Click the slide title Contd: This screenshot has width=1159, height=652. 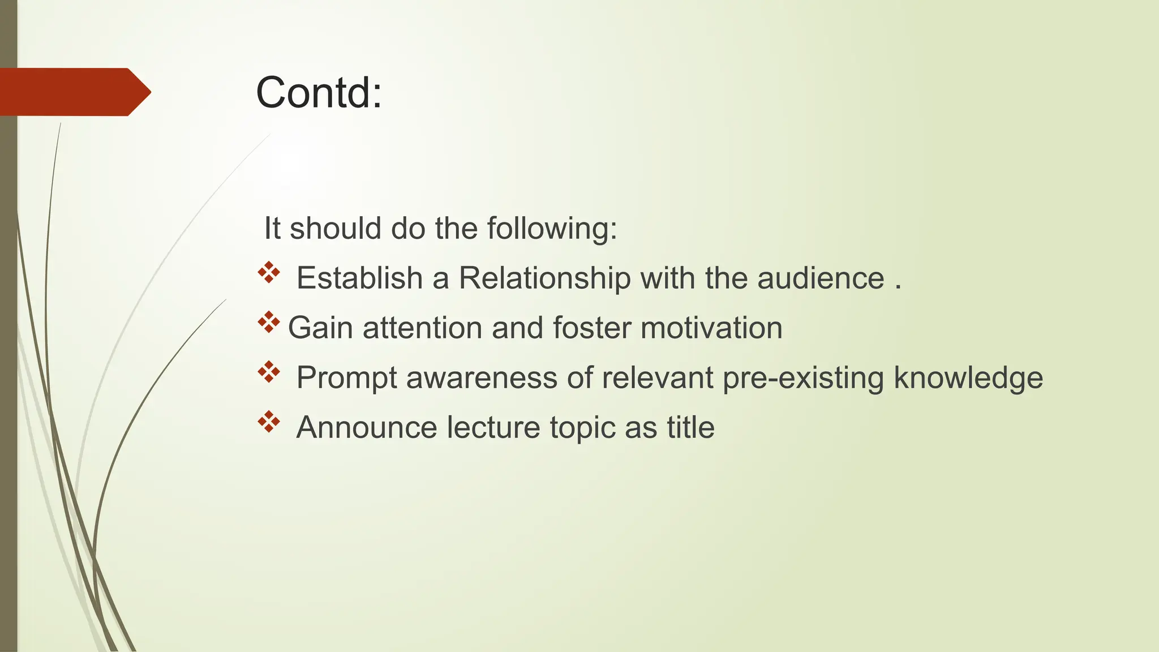click(x=319, y=93)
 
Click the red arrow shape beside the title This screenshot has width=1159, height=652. click(x=74, y=92)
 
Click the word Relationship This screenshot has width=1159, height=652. click(x=544, y=278)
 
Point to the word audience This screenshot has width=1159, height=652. click(x=821, y=278)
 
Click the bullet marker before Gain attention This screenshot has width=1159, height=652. click(x=269, y=323)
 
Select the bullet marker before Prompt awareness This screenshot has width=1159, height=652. click(x=269, y=372)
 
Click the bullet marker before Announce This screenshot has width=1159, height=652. click(x=269, y=422)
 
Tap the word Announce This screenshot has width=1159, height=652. click(x=367, y=427)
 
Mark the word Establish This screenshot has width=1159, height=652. click(x=359, y=278)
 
